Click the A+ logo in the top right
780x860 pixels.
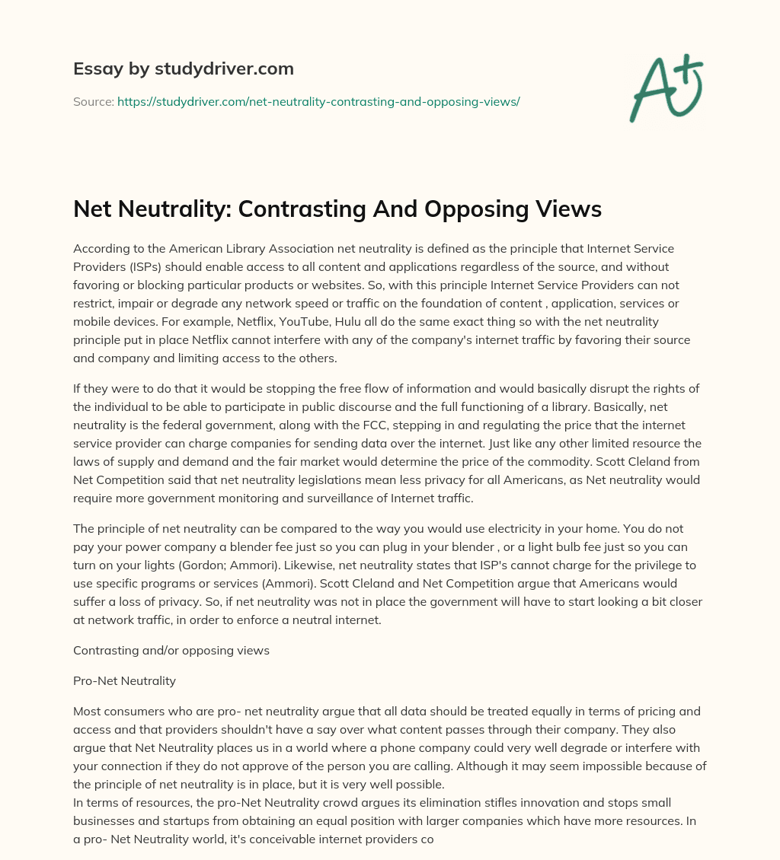tap(665, 88)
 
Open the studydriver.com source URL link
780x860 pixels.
tap(318, 101)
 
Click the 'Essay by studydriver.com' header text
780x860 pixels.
tap(184, 68)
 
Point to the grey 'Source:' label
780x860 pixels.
tap(93, 101)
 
